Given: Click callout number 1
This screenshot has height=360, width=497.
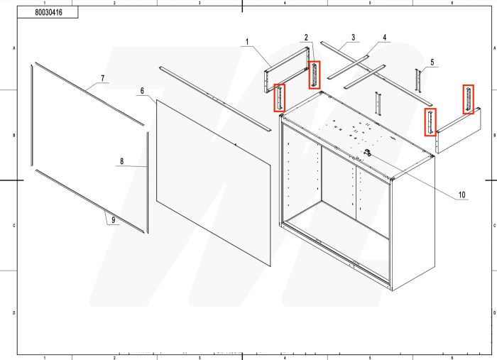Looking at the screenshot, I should [x=248, y=42].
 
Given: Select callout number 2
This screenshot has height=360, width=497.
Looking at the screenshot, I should [x=306, y=37].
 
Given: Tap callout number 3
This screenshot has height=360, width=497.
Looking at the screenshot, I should [x=352, y=37].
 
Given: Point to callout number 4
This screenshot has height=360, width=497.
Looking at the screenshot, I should [x=384, y=38].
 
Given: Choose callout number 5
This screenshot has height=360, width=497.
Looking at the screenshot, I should [x=430, y=62].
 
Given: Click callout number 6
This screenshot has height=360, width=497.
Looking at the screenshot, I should [x=142, y=92].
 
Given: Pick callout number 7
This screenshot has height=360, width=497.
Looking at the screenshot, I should [x=102, y=77].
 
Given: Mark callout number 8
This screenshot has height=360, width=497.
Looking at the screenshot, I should [x=121, y=162].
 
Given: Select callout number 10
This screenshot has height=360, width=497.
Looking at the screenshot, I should [x=461, y=195].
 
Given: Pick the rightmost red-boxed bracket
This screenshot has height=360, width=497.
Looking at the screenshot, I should [x=468, y=99].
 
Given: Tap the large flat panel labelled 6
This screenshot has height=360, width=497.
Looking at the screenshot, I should [x=213, y=181].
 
